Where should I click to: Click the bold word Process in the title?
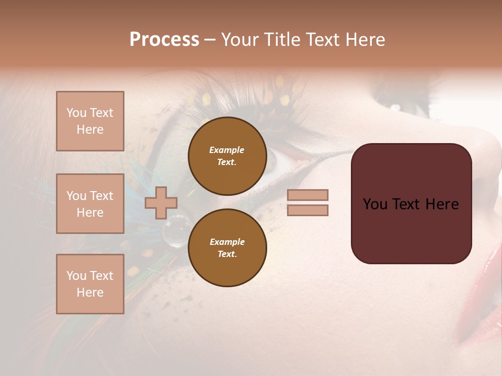point(164,40)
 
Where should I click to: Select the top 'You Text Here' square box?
point(90,121)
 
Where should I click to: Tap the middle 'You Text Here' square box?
point(90,204)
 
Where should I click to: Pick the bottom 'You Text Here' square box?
point(90,284)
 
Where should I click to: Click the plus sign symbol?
point(161,203)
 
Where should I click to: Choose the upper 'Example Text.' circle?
point(227,156)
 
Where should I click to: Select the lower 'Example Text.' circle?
point(227,248)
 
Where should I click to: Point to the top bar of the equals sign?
point(307,195)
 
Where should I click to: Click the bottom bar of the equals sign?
point(307,210)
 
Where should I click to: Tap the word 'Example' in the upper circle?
point(227,150)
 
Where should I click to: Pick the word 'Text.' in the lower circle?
point(227,254)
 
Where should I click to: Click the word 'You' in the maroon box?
point(376,204)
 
